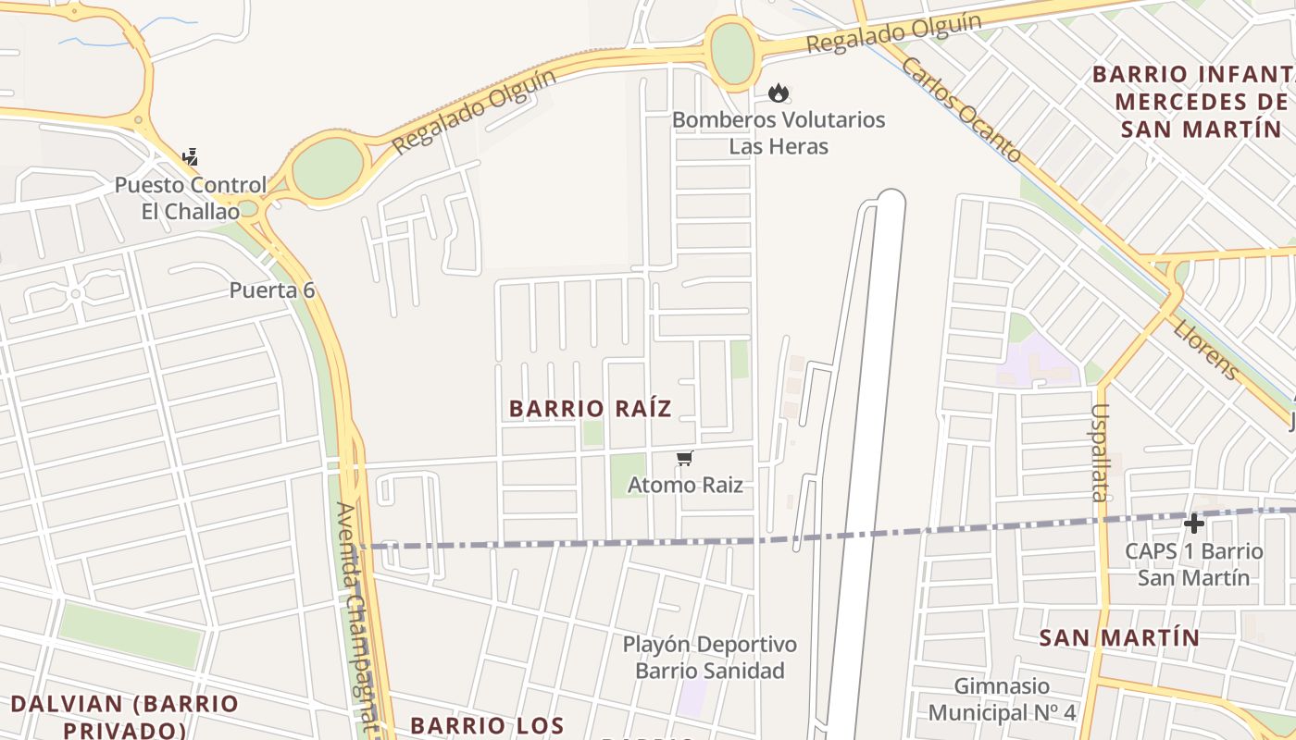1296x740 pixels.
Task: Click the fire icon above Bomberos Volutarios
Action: [x=778, y=92]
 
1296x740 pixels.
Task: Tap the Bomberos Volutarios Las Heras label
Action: [x=779, y=133]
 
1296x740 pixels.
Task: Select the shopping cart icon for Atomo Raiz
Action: [x=685, y=459]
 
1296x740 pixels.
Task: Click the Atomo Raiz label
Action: [x=685, y=485]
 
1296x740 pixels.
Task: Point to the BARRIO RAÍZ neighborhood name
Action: [x=591, y=408]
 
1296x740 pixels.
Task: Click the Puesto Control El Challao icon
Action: [x=191, y=157]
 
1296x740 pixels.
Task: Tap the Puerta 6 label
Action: [x=272, y=290]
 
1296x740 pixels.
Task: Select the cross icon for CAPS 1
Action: [x=1194, y=524]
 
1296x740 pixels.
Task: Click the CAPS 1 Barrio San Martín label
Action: [x=1193, y=564]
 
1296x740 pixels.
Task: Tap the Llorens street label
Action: [x=1205, y=350]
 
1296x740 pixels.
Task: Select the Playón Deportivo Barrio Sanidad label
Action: [x=709, y=657]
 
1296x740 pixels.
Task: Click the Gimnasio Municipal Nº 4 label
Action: [x=1002, y=699]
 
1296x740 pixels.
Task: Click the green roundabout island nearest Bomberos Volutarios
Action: [x=732, y=53]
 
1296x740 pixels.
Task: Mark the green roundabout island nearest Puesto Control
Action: [x=329, y=168]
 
